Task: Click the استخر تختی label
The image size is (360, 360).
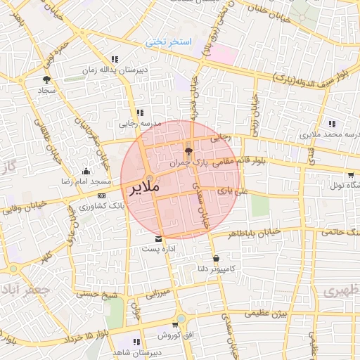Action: point(169,42)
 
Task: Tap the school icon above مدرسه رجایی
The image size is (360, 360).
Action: point(139,112)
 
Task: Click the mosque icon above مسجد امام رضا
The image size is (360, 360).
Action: point(86,171)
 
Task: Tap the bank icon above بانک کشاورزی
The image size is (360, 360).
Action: point(102,195)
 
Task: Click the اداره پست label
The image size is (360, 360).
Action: point(157,249)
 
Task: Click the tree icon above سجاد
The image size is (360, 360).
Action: point(46,80)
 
